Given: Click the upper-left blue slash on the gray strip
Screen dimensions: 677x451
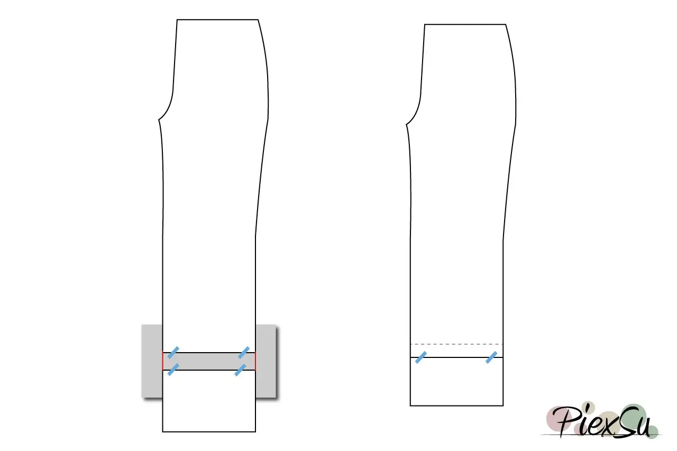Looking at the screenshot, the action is [x=173, y=353].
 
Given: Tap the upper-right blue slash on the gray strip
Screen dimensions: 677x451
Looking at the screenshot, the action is [x=244, y=353].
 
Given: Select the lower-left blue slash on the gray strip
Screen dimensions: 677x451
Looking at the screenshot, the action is [x=173, y=370].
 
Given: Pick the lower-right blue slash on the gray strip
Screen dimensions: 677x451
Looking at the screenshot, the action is [x=240, y=370].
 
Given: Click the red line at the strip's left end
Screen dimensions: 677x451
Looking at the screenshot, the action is [x=162, y=361].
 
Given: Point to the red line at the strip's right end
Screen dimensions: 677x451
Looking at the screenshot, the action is [x=255, y=361].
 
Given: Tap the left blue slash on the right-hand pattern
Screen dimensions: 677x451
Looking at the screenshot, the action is [x=421, y=357].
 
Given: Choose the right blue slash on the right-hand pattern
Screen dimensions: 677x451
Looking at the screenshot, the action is [x=491, y=357].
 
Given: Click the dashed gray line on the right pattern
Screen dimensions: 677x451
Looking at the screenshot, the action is [x=456, y=344].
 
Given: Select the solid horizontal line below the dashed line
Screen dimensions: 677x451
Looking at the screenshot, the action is [x=456, y=357].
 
